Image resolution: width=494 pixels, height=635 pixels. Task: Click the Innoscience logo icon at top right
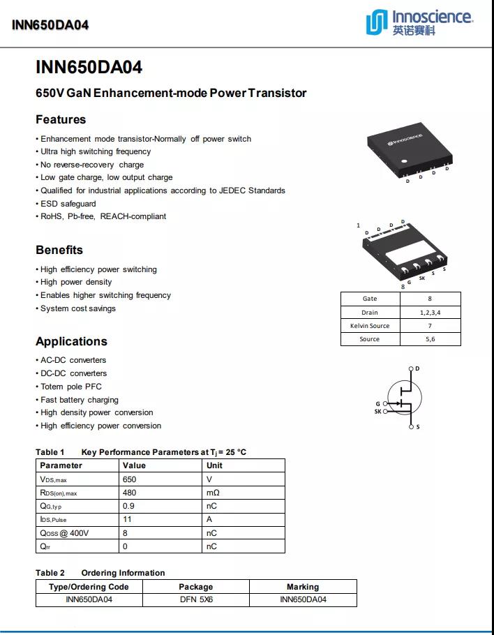pos(377,22)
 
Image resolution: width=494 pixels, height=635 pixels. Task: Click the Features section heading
pos(61,119)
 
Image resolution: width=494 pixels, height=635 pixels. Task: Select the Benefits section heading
pos(59,250)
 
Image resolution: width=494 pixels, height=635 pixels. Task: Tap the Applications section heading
pos(71,341)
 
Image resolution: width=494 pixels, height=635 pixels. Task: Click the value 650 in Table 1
pos(129,479)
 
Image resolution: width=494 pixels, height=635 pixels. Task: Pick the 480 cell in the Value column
pos(129,493)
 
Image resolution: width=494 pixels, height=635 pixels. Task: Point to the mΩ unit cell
pos(213,493)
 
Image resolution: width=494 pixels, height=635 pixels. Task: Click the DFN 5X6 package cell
pos(195,599)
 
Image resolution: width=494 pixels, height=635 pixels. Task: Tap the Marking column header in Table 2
pos(303,587)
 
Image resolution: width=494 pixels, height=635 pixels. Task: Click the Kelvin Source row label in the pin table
pos(370,326)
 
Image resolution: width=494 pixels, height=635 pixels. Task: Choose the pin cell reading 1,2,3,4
pos(430,313)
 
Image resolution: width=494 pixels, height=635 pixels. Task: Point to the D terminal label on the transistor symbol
pos(417,368)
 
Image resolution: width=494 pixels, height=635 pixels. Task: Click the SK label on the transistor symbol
pos(378,412)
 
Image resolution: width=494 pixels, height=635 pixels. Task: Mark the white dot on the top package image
pos(403,162)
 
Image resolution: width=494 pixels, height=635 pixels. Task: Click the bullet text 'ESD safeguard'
pos(68,204)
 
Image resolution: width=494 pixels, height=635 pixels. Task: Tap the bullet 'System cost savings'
pos(78,308)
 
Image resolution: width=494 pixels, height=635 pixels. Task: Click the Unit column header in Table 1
pos(214,465)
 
